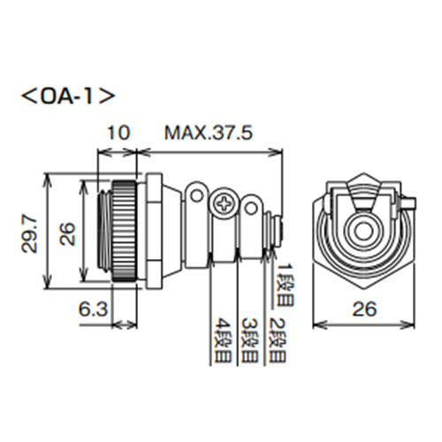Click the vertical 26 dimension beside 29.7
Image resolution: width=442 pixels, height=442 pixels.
(x=67, y=233)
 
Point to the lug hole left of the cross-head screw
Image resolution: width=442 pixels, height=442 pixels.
(x=197, y=193)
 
